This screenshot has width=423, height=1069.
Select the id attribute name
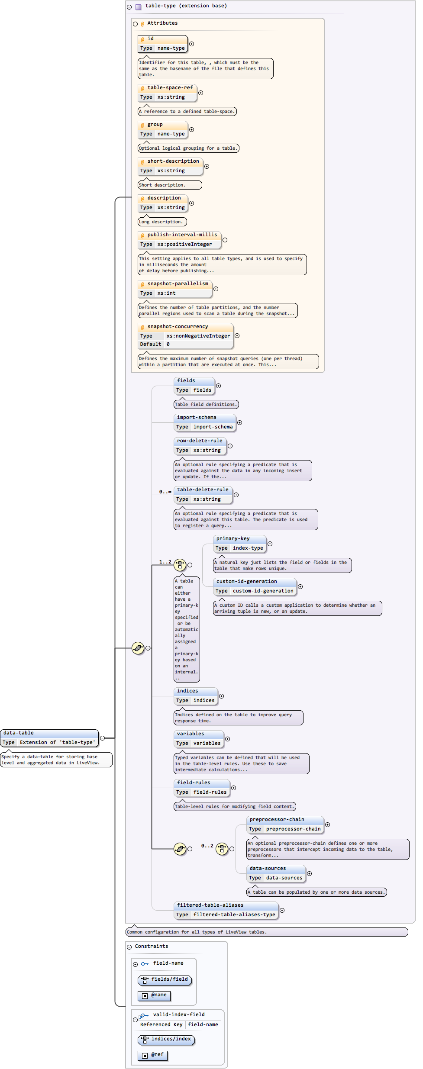click(150, 39)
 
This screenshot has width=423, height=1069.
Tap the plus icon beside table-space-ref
click(200, 93)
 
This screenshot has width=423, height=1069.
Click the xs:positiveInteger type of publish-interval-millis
click(184, 245)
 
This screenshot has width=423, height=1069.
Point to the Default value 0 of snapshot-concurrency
click(168, 345)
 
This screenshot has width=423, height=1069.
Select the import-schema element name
click(196, 418)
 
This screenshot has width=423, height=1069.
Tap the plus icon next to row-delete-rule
click(230, 446)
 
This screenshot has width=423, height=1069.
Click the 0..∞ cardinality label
click(165, 492)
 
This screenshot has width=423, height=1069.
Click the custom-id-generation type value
click(263, 591)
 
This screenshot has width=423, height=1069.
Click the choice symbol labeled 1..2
click(180, 565)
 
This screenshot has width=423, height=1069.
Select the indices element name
click(187, 691)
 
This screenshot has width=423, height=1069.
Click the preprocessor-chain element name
click(277, 820)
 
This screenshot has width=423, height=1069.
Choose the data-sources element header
click(268, 869)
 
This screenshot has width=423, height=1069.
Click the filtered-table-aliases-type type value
click(234, 914)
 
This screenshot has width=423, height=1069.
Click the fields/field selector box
click(165, 979)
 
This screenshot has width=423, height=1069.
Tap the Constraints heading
click(151, 947)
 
